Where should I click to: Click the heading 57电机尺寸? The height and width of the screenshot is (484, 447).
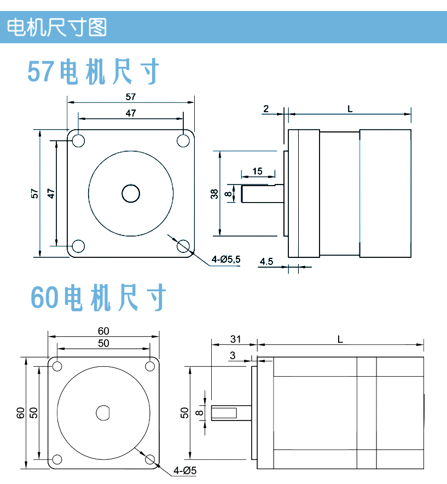94,72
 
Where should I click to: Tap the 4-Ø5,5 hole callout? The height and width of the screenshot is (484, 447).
227,260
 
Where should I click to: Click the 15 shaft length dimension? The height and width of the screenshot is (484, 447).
257,171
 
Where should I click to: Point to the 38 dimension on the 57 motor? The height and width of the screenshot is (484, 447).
214,193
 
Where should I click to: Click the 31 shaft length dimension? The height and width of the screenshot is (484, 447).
235,339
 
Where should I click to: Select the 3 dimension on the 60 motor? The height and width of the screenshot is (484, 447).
233,355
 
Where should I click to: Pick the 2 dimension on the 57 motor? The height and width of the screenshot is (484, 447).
266,108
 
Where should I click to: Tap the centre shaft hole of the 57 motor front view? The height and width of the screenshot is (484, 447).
131,193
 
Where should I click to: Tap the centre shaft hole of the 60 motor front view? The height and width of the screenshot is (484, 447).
103,412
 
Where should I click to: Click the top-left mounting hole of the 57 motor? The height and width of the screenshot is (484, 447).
78,140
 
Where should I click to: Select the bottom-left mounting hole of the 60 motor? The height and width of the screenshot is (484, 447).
57,459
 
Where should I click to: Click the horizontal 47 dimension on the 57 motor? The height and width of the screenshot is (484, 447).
130,113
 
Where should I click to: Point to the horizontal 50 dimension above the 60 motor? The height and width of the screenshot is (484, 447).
103,343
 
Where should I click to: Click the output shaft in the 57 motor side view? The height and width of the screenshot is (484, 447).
262,193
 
